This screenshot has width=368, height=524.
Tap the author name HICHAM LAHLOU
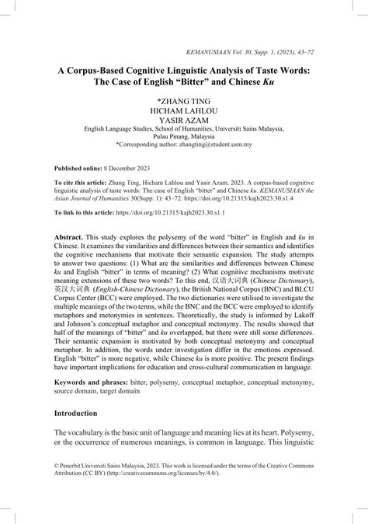pos(184,112)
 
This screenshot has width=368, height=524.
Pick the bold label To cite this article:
pos(83,184)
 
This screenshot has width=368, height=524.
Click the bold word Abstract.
pos(69,236)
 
